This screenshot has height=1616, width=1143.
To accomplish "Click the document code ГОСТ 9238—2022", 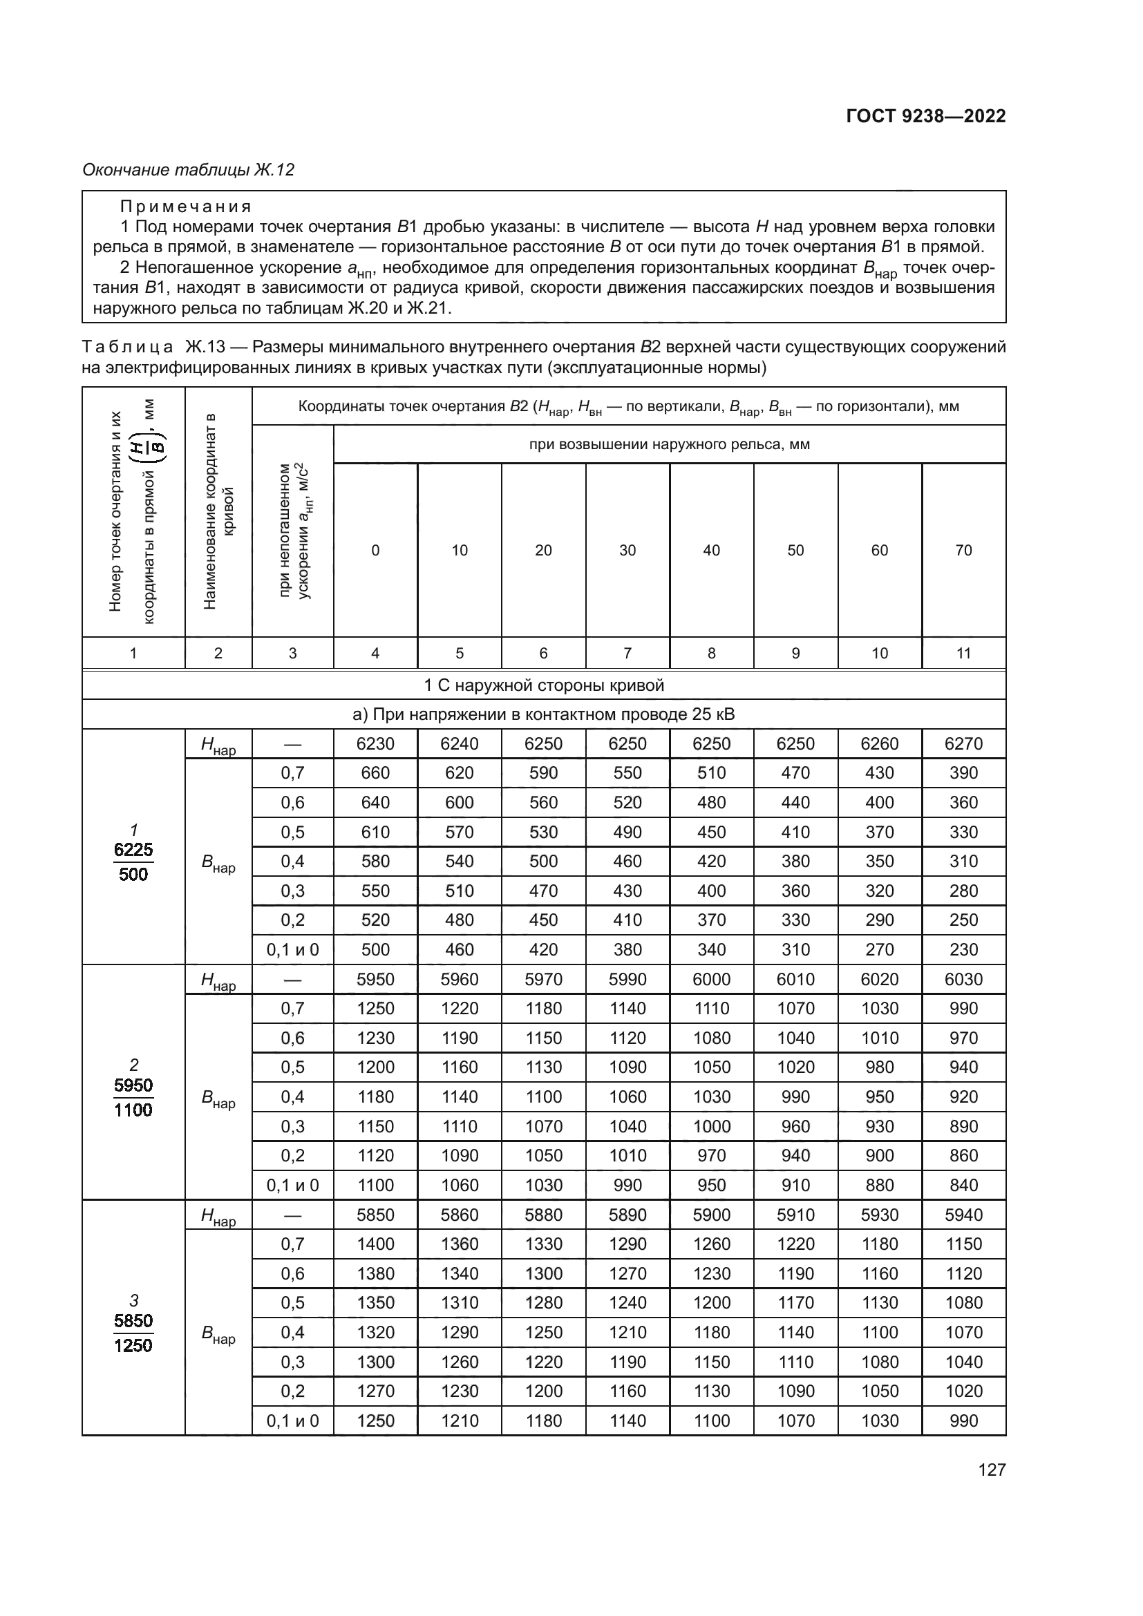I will [x=925, y=116].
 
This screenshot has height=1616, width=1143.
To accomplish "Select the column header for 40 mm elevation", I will [x=711, y=551].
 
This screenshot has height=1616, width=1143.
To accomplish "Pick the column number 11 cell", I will [x=963, y=653].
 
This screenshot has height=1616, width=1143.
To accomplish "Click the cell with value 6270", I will [x=963, y=744].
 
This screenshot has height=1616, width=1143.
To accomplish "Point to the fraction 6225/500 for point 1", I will [x=133, y=862].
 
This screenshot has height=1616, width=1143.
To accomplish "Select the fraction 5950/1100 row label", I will [x=133, y=1098].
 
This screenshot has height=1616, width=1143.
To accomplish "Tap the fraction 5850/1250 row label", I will [x=133, y=1333].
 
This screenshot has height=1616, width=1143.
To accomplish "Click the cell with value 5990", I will [x=627, y=979].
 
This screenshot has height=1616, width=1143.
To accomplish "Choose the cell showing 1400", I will [x=375, y=1244].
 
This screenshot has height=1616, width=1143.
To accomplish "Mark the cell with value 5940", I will [x=963, y=1215].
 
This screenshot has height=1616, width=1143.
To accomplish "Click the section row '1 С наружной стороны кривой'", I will [x=543, y=685].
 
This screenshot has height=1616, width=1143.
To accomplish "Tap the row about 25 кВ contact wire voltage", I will [x=543, y=714].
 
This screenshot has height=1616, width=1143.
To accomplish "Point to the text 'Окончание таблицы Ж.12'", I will [x=188, y=170].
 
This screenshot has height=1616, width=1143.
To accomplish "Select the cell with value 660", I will [x=375, y=773].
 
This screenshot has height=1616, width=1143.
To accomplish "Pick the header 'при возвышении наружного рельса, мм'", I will [x=669, y=444].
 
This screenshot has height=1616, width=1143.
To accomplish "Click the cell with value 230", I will [x=963, y=949].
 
